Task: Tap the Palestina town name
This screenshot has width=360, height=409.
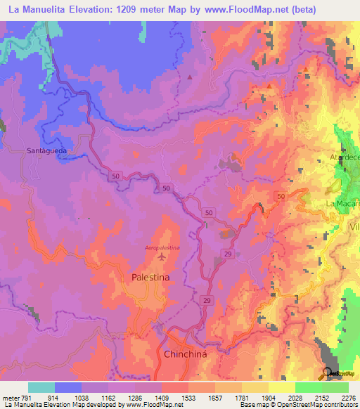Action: pos(150,278)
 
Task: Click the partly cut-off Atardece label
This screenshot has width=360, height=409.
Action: pos(345,158)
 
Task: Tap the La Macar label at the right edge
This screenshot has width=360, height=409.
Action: pos(342,204)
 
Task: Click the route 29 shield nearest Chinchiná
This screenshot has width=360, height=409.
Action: pos(207,300)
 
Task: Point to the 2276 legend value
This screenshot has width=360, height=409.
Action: pos(349,397)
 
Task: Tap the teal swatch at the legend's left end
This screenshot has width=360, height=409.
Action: pos(41,387)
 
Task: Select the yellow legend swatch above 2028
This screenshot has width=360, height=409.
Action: pos(281,387)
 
